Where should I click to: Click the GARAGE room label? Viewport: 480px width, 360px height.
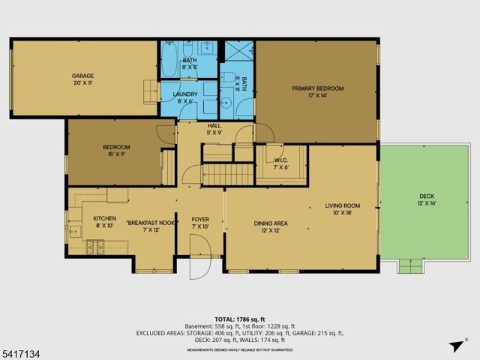tap(82, 76)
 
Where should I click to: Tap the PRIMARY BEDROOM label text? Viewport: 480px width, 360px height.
tap(317, 88)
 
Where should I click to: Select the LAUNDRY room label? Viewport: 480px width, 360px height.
tap(185, 94)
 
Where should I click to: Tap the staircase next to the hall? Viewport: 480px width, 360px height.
tap(229, 175)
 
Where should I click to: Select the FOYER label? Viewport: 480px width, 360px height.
tap(199, 219)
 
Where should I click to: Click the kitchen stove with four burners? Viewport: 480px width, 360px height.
tap(94, 245)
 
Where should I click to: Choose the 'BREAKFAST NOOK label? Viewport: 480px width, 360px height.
tap(151, 223)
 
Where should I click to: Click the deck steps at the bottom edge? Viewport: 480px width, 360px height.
tap(409, 265)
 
